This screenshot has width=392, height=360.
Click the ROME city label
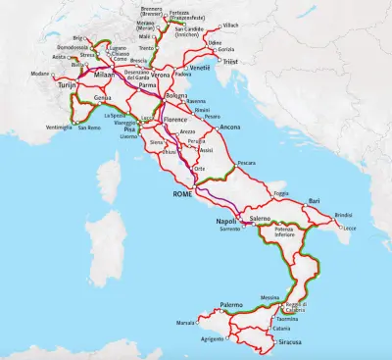click(184, 195)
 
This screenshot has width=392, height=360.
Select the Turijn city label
click(67, 86)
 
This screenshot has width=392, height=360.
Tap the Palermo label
click(231, 305)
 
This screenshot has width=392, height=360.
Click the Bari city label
click(314, 200)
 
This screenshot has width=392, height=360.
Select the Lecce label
click(350, 228)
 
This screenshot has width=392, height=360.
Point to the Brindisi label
click(344, 214)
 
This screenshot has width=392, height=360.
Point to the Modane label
click(39, 74)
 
